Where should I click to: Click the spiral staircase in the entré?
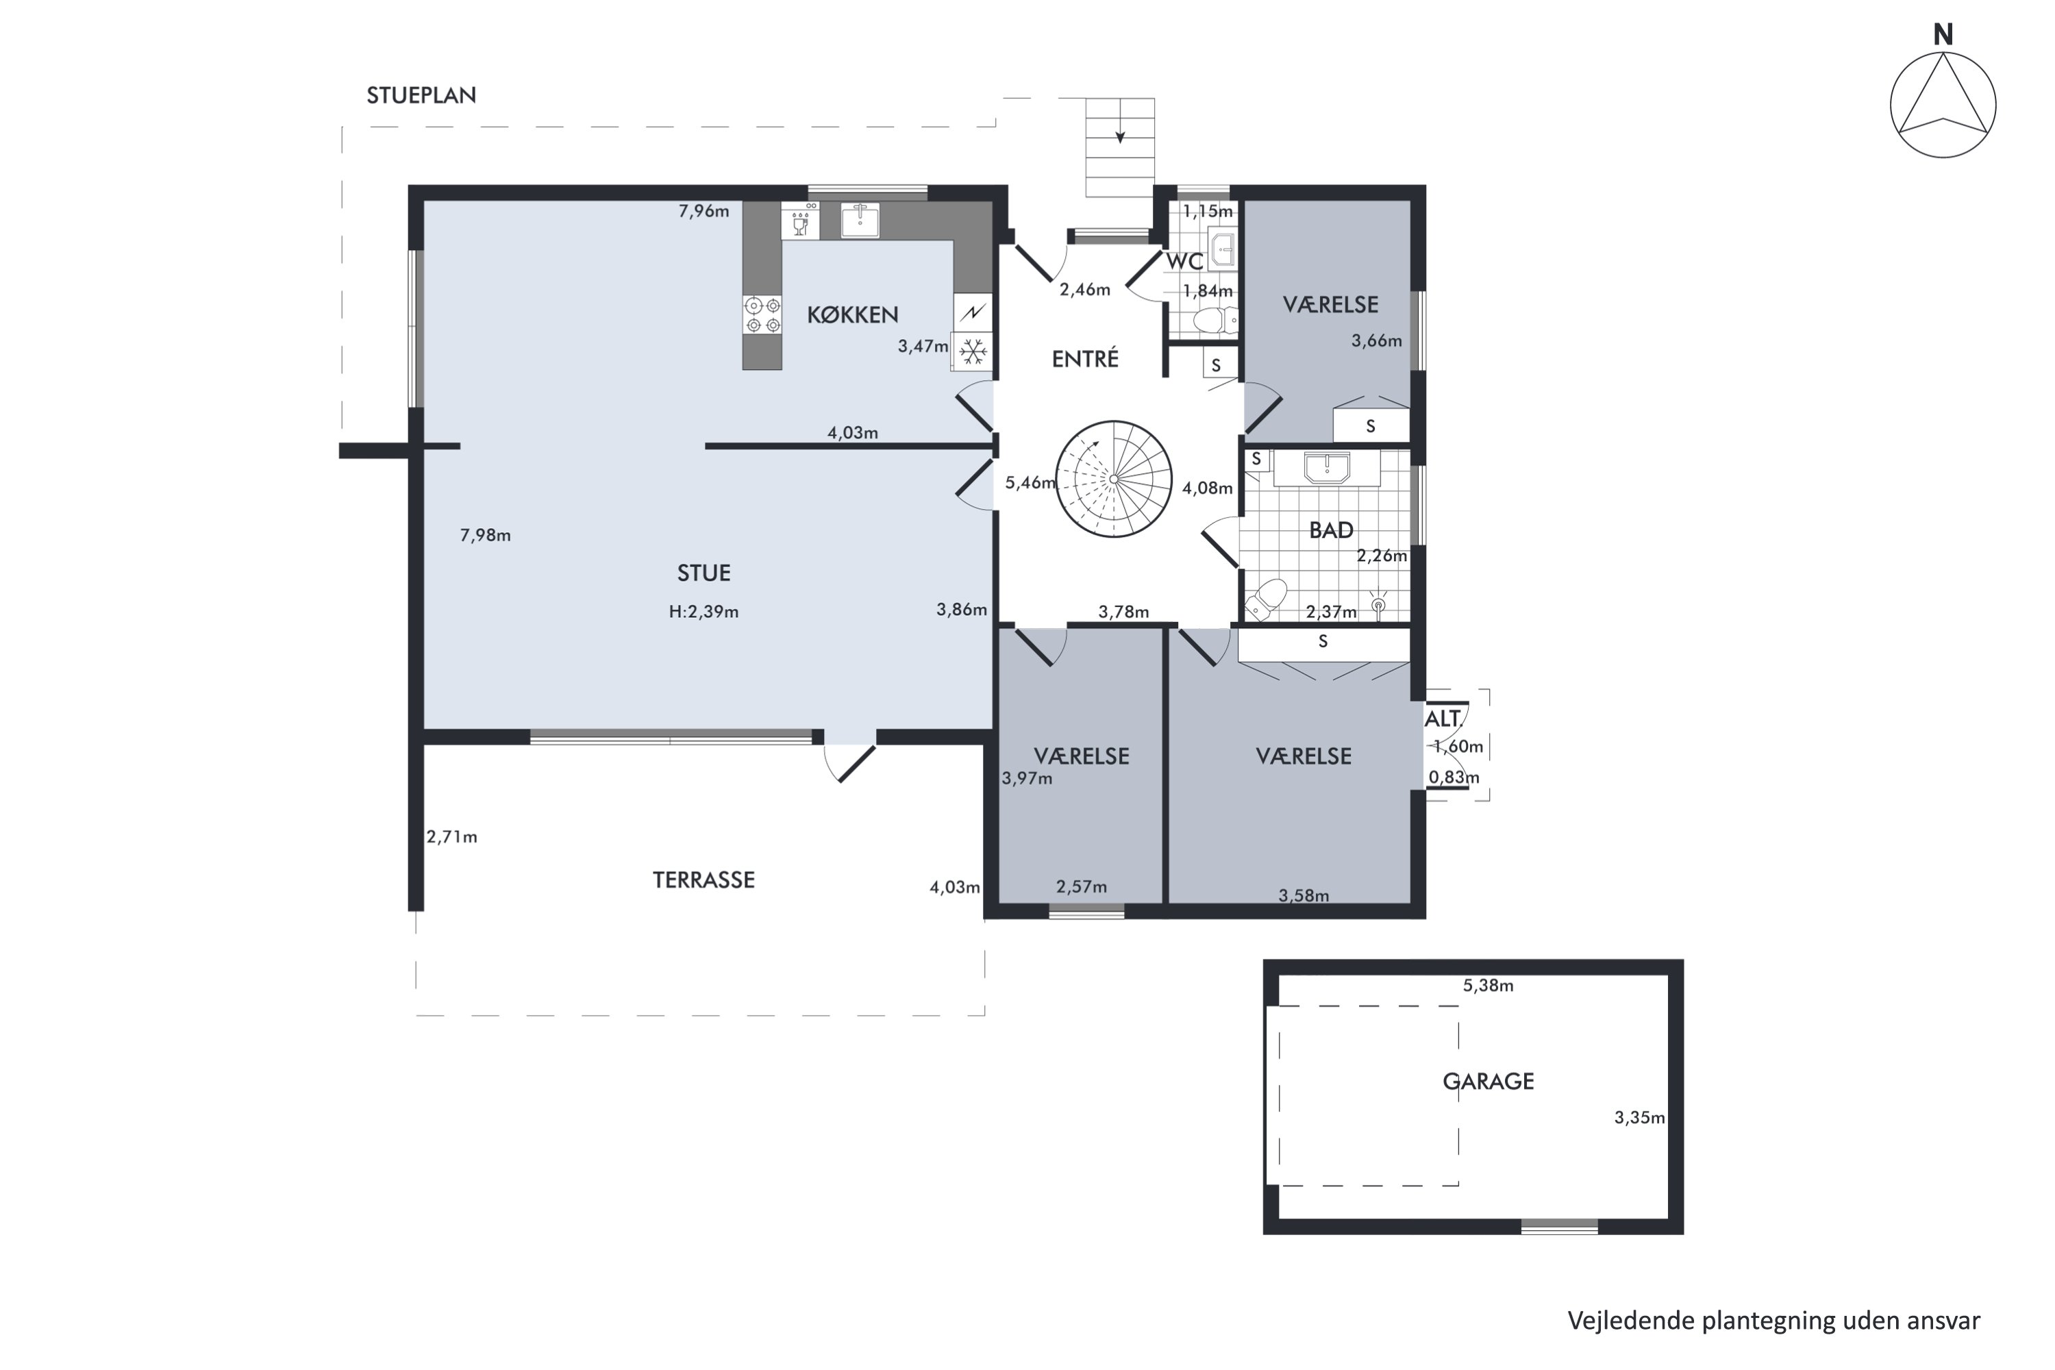tap(1113, 479)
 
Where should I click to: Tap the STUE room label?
tap(703, 573)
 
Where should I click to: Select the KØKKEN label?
tap(852, 314)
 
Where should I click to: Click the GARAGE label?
tap(1488, 1082)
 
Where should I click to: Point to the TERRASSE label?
tap(703, 880)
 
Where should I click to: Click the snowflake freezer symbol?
tap(973, 352)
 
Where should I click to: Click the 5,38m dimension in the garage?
tap(1488, 986)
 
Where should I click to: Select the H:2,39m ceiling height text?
tap(703, 612)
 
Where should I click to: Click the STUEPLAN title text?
tap(421, 95)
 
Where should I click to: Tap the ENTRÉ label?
tap(1085, 359)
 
